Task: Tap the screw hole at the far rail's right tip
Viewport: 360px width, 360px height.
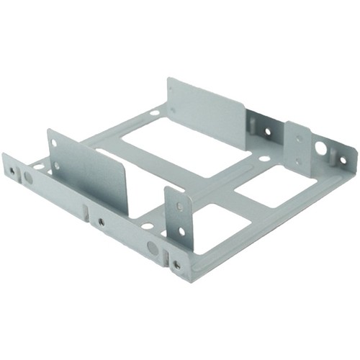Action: [x=343, y=160]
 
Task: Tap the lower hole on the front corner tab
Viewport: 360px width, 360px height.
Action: [x=181, y=232]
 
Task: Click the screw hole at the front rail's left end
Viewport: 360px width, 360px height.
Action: [x=12, y=171]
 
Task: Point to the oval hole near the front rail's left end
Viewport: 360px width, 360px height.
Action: [x=28, y=176]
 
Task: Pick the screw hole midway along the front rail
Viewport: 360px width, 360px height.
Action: [x=101, y=222]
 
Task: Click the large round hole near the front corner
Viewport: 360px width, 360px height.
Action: [x=152, y=247]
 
